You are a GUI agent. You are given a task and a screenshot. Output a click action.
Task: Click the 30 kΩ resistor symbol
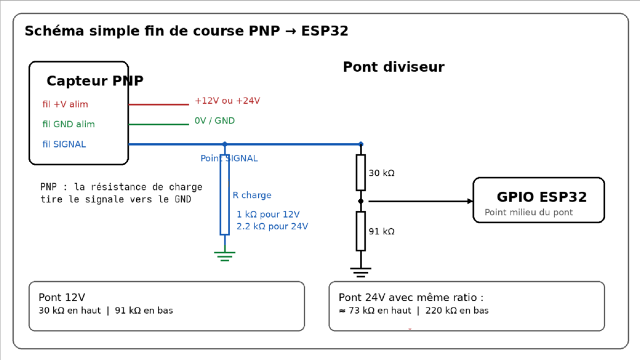tap(361, 172)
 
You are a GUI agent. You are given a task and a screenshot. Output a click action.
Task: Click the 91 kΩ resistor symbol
tap(361, 231)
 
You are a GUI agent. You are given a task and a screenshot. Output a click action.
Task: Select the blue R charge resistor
tap(224, 194)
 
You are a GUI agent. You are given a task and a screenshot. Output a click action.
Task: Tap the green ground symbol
tap(224, 256)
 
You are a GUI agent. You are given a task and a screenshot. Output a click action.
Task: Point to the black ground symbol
tap(361, 272)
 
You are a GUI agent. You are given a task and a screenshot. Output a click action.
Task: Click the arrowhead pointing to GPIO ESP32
tap(470, 201)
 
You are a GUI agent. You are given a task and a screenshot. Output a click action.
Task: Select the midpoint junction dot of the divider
tap(361, 201)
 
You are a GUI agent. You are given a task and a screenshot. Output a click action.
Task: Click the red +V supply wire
tap(159, 104)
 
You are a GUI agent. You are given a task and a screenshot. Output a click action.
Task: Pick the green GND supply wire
tap(159, 124)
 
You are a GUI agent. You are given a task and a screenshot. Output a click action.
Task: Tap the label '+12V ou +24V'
tap(227, 101)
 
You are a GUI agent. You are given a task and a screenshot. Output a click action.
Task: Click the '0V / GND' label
tap(215, 121)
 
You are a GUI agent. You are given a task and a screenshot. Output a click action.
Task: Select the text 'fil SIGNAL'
tap(64, 144)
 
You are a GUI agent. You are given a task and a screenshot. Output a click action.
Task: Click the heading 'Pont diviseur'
tap(394, 67)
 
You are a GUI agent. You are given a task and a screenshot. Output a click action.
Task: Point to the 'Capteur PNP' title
tap(95, 81)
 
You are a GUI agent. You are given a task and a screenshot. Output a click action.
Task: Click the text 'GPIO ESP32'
tap(542, 197)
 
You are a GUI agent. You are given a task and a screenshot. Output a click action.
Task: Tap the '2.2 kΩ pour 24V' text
tap(272, 226)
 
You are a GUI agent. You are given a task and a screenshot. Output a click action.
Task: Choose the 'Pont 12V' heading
tap(62, 297)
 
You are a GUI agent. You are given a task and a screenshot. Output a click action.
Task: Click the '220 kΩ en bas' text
tap(457, 311)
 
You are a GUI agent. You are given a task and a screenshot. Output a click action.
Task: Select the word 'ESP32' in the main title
tap(324, 31)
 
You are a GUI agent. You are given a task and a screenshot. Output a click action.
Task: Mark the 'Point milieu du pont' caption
tap(529, 212)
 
